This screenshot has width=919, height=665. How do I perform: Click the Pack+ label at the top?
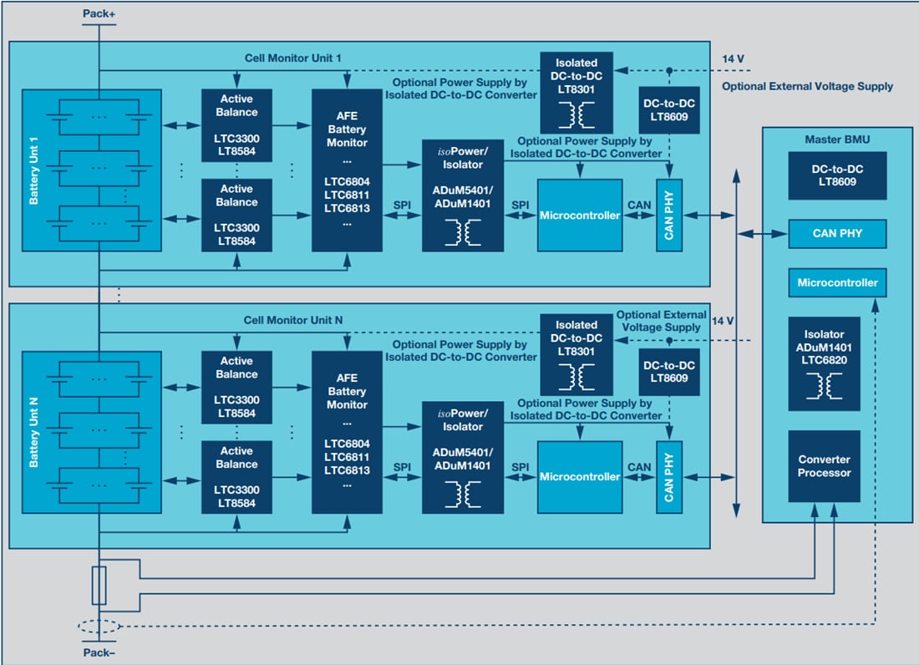(x=99, y=14)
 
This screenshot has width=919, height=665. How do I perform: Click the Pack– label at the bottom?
(x=99, y=651)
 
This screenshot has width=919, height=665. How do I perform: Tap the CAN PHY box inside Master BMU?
(x=837, y=234)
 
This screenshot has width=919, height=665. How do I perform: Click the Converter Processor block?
(x=824, y=466)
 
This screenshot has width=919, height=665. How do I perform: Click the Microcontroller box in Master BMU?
(x=837, y=282)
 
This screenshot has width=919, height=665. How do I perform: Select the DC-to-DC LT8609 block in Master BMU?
(x=837, y=175)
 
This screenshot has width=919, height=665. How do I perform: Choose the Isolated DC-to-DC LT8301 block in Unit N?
(x=576, y=353)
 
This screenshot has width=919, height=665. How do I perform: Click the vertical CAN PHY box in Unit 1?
(x=668, y=215)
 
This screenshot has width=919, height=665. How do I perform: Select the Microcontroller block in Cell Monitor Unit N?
(x=580, y=477)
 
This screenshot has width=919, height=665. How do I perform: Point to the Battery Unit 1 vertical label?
(x=34, y=172)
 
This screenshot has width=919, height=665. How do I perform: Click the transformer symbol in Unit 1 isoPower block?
(x=462, y=233)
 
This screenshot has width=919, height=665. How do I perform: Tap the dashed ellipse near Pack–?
(x=99, y=627)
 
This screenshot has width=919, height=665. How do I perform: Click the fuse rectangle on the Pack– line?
(x=99, y=586)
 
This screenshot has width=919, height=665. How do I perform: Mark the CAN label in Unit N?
(x=639, y=467)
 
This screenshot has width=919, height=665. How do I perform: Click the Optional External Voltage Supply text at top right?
(x=807, y=86)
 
